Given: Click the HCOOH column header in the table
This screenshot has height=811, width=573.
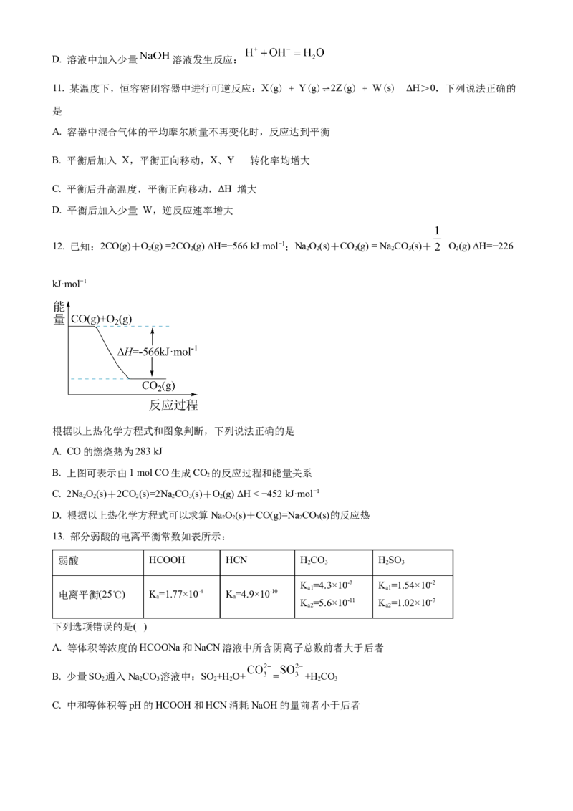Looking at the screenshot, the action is click(166, 560).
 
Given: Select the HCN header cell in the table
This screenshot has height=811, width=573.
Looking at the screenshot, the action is click(236, 560).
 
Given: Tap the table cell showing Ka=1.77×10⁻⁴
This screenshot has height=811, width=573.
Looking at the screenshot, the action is click(175, 595).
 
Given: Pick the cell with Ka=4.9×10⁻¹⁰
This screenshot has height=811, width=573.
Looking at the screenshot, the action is click(252, 595).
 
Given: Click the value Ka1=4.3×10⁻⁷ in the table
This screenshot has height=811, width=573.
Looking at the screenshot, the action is click(327, 585).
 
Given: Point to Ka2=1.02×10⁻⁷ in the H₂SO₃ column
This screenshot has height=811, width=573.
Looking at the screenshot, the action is click(407, 603).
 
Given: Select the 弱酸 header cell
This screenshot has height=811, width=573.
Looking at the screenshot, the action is click(68, 560).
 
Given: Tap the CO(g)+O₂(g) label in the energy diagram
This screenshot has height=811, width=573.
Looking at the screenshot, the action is click(102, 319).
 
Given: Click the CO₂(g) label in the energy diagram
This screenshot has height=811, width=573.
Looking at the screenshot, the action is click(158, 386).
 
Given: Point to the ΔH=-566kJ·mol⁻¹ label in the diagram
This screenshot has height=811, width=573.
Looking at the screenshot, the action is click(157, 352).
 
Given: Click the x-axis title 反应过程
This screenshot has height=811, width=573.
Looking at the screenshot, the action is click(173, 405).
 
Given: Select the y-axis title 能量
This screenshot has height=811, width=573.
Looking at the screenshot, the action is click(59, 313).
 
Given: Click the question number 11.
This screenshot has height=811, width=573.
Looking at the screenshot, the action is click(58, 88).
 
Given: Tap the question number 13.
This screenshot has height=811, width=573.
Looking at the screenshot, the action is click(58, 537).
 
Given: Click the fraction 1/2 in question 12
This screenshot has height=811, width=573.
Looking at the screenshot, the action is click(437, 239).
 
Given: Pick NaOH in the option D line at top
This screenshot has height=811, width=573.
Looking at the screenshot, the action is click(155, 56).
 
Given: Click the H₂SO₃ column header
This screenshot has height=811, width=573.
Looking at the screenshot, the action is click(392, 560).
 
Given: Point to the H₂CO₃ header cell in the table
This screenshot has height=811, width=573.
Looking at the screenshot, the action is click(314, 560).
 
